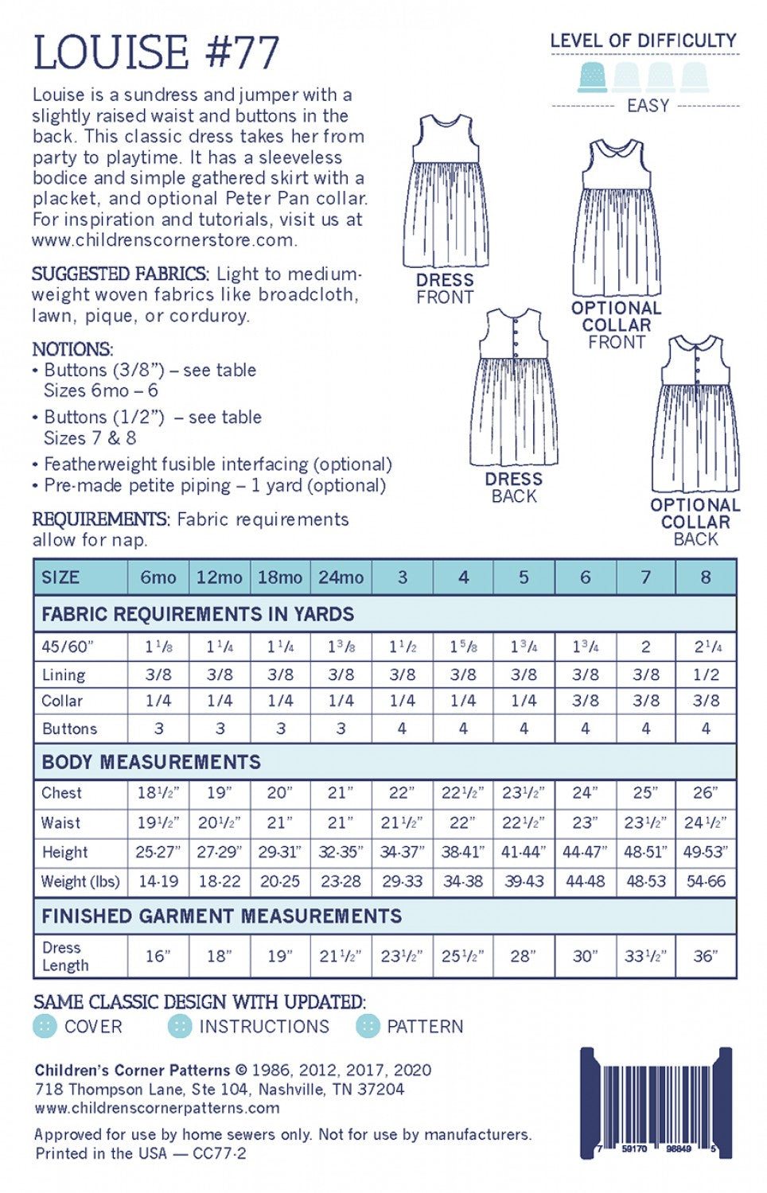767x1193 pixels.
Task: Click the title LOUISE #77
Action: pos(156,53)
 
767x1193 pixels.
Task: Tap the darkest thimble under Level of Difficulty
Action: pos(592,77)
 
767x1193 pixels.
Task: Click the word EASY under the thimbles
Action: pos(648,106)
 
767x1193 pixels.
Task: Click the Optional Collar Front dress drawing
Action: pos(617,218)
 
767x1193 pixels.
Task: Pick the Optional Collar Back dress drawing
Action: pos(695,414)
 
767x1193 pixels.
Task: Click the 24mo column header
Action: pos(341,577)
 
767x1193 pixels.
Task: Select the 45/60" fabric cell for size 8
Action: pos(706,647)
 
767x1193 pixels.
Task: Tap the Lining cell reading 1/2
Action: pos(706,674)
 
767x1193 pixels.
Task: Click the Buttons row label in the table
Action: pos(69,729)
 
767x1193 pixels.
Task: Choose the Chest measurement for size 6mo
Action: pos(158,793)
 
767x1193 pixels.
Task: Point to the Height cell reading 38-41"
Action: pos(463,852)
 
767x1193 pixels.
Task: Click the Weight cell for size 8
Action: pos(706,881)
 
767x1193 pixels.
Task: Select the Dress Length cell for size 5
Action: pos(524,956)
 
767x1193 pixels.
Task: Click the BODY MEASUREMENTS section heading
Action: pos(151,762)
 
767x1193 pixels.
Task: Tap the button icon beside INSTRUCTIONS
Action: pos(181,1027)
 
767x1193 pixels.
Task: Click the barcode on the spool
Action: pos(656,1102)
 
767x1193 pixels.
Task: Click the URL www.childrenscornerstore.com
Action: pos(164,239)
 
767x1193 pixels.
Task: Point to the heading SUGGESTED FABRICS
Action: pos(120,274)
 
